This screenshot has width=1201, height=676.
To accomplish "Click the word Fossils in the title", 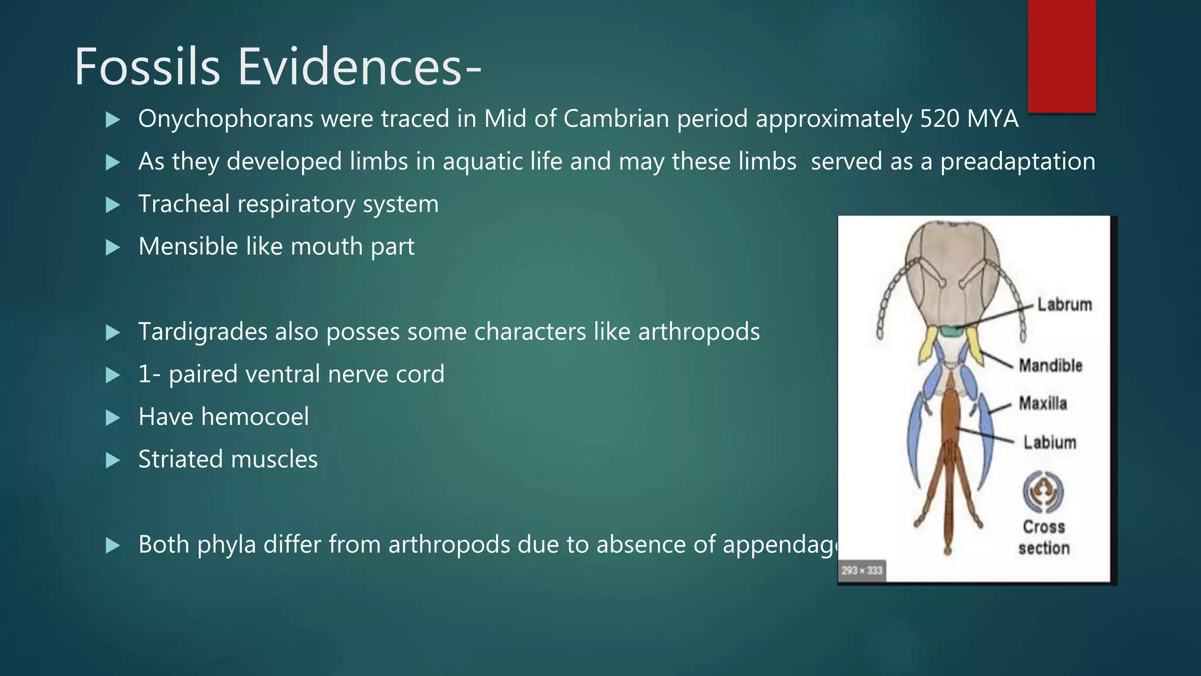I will [x=147, y=67].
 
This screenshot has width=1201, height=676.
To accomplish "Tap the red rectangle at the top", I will [x=1061, y=56].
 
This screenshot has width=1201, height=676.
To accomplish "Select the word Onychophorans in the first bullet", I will [x=226, y=119].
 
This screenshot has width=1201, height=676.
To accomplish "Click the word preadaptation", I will [x=1017, y=162].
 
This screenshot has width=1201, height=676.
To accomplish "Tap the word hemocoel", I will [x=255, y=417].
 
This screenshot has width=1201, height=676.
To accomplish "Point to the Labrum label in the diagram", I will [x=1064, y=305].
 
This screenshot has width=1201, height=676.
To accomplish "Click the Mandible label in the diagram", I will [x=1050, y=365].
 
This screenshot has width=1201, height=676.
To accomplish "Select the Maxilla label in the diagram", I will [x=1043, y=403].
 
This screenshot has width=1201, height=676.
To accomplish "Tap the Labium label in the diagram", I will [x=1050, y=442].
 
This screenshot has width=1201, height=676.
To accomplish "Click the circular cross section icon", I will [x=1043, y=492].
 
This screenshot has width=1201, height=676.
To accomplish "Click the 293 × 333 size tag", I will [x=861, y=570].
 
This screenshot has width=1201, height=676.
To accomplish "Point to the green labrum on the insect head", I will [x=955, y=332].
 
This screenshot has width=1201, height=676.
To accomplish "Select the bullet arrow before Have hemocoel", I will [x=113, y=418].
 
